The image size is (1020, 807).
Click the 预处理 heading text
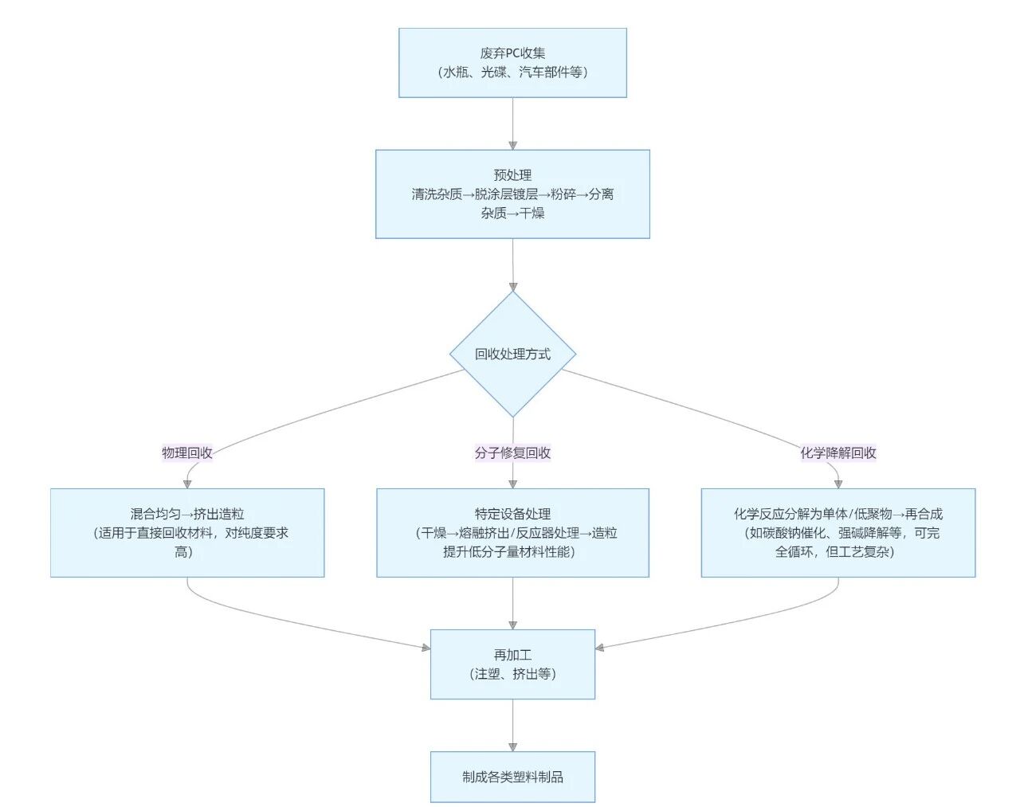click(512, 175)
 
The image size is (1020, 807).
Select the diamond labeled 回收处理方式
click(512, 354)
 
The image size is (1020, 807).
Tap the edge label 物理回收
click(187, 452)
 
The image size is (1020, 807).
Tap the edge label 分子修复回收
click(512, 452)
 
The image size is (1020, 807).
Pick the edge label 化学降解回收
click(838, 452)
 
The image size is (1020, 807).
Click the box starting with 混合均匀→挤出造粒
click(187, 532)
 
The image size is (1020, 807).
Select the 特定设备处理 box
click(512, 532)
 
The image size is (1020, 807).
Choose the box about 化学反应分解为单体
click(838, 532)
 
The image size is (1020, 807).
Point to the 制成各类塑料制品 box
click(512, 777)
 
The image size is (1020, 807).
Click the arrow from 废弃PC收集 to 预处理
click(512, 123)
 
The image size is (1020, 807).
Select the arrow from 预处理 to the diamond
click(512, 264)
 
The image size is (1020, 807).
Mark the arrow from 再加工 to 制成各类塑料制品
click(512, 725)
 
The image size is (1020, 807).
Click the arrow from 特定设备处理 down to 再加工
click(512, 603)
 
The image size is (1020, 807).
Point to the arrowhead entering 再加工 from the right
click(600, 648)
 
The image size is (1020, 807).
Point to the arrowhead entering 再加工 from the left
click(426, 648)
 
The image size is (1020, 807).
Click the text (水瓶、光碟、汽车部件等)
click(512, 72)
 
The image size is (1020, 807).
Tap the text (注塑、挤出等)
click(512, 674)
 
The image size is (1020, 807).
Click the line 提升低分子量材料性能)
click(509, 552)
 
